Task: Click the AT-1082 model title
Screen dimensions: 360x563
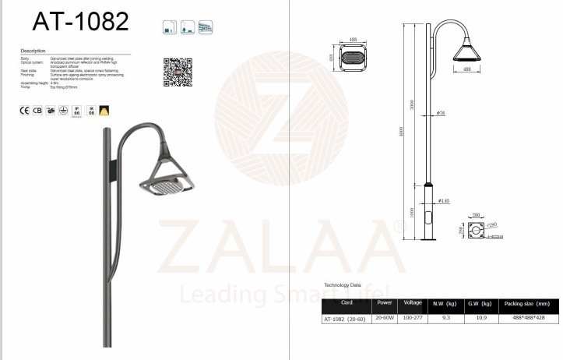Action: (x=74, y=21)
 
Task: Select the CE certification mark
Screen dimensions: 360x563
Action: (x=24, y=111)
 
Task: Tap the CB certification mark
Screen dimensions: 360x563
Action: (x=37, y=111)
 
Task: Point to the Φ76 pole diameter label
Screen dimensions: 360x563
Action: (x=440, y=114)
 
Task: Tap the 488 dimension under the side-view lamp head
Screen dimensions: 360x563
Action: (x=466, y=70)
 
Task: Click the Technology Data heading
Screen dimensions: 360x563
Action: (x=343, y=286)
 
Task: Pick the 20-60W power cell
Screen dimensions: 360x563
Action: (x=384, y=318)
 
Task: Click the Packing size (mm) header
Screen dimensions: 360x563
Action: (x=526, y=303)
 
